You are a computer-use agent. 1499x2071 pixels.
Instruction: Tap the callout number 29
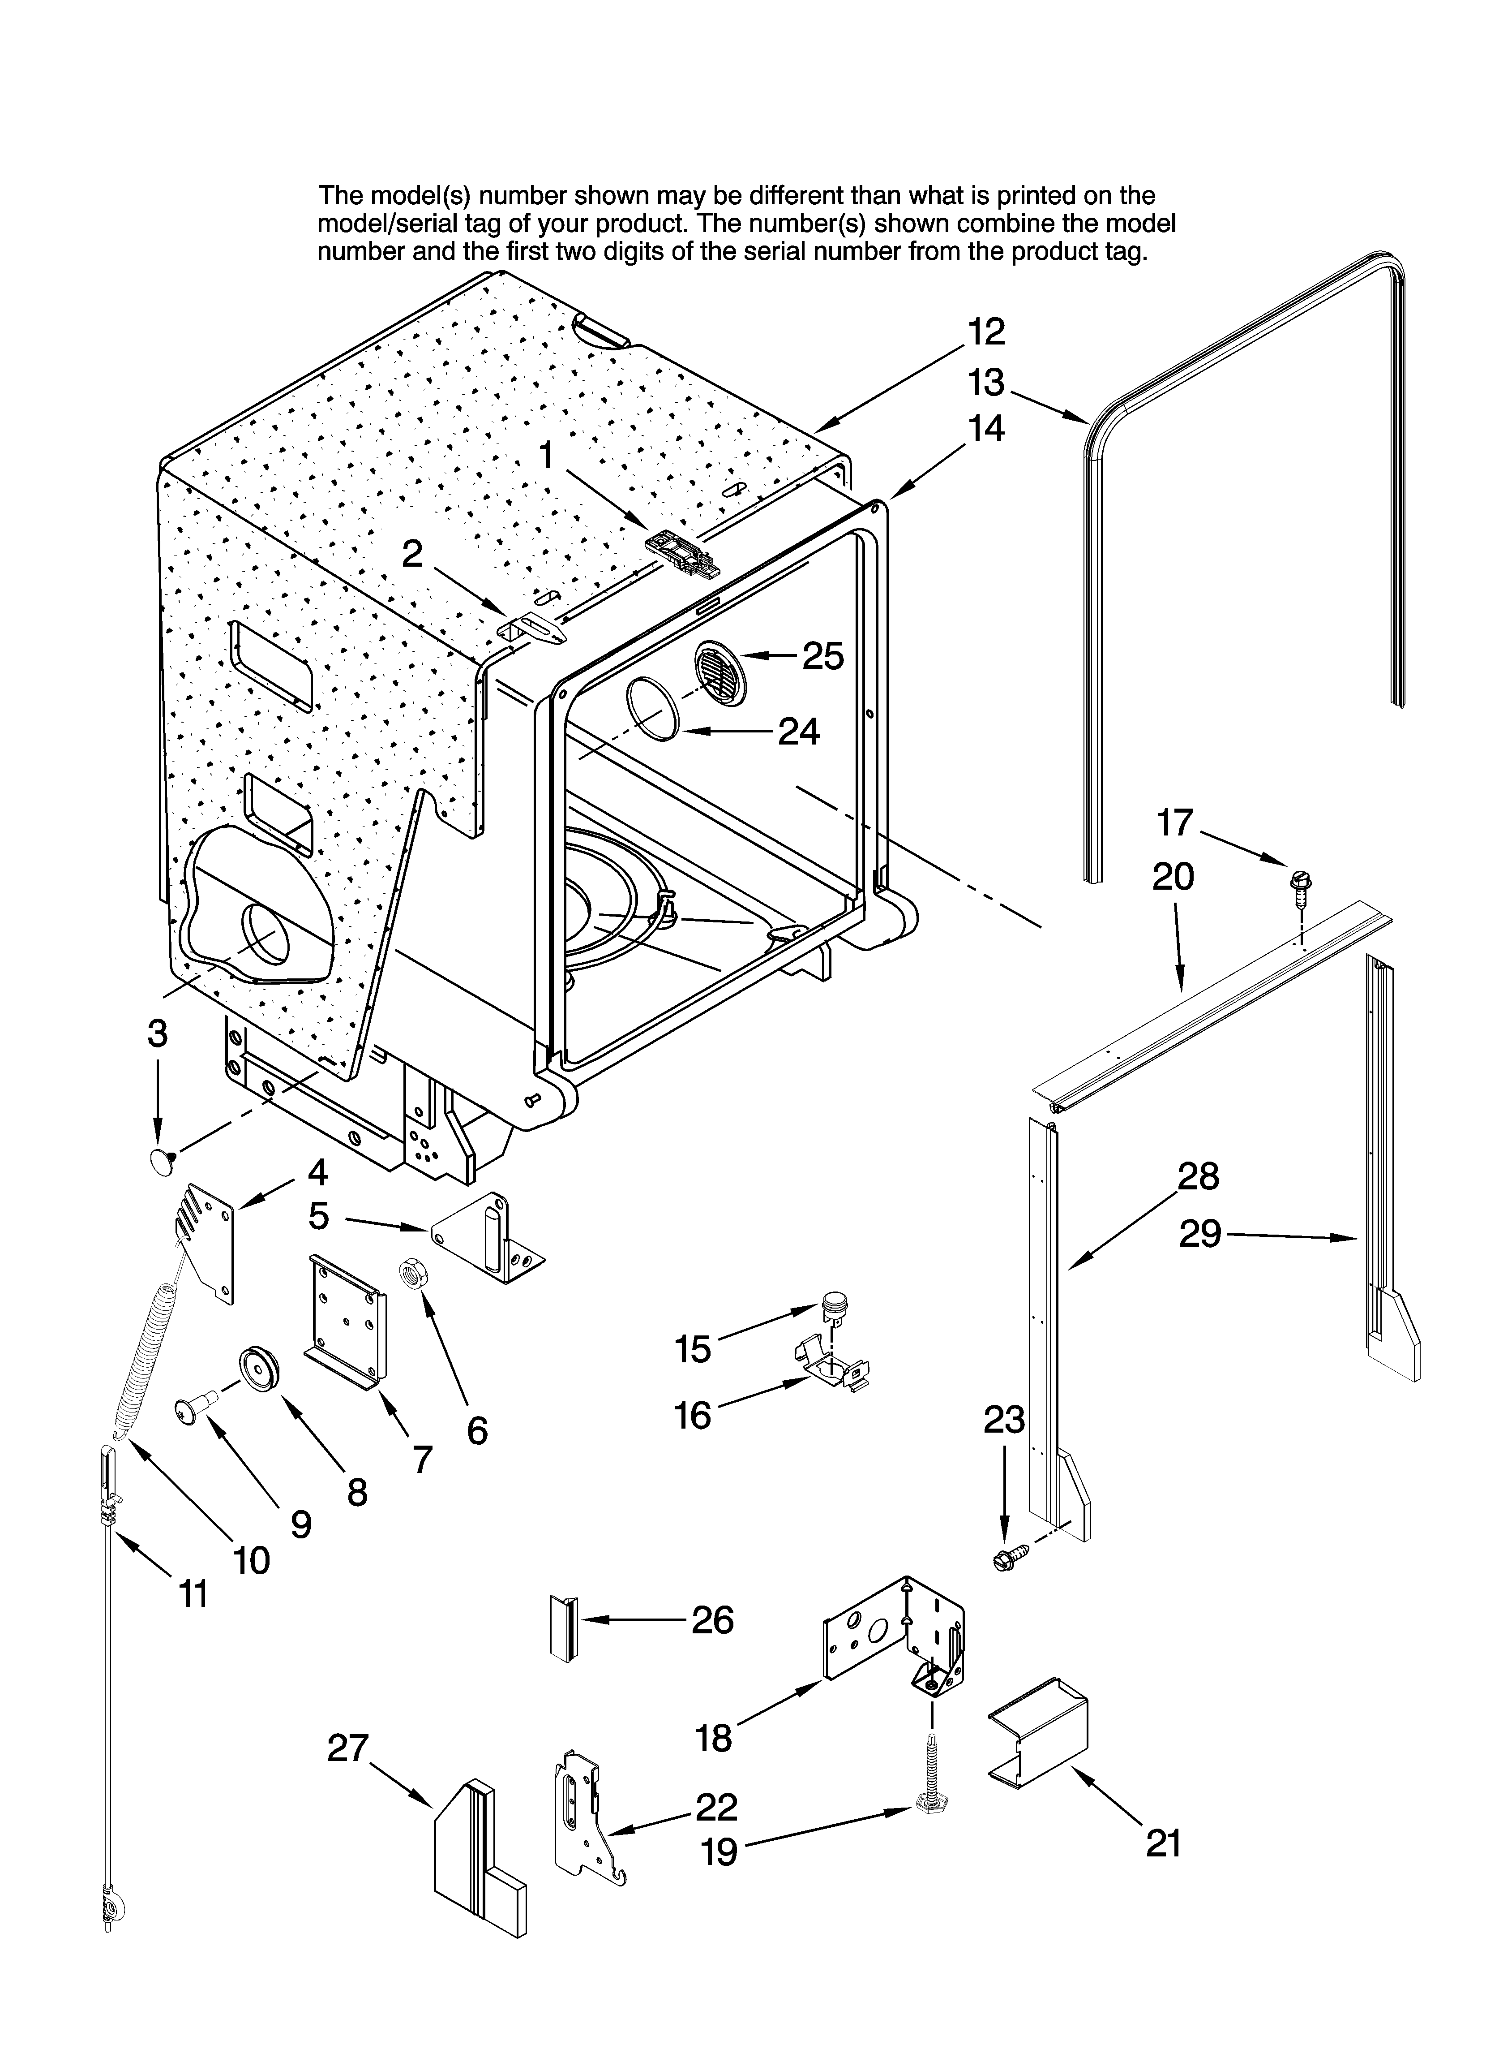coord(1199,1234)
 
